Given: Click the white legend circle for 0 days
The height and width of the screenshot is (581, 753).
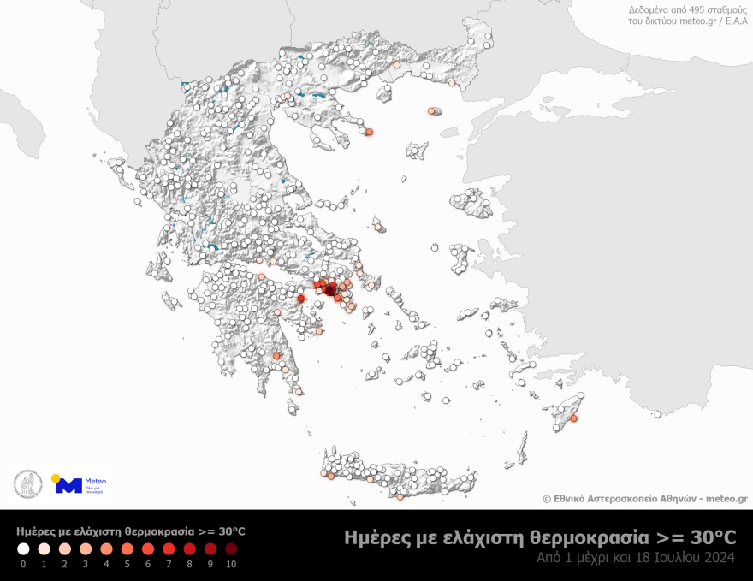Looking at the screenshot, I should pos(23,548).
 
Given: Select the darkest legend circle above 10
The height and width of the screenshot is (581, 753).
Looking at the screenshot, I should pos(231,548).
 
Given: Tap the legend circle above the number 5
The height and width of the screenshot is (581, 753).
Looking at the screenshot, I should pos(127,548).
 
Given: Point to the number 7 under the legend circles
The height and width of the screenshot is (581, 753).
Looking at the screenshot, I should pos(169,564).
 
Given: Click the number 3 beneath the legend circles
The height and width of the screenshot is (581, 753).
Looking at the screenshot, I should pos(86,564).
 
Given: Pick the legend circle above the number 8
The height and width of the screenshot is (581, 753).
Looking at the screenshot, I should pos(190,548).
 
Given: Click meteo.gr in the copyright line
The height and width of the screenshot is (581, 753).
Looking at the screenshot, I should pos(726,498).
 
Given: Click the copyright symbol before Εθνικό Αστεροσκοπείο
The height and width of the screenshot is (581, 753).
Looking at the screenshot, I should pos(547,498).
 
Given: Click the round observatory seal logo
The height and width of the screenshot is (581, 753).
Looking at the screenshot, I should pos(27,484).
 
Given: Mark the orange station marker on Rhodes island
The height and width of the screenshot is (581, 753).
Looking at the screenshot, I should pos(574,418).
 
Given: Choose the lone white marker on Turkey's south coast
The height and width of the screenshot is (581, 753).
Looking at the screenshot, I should pos(657,415).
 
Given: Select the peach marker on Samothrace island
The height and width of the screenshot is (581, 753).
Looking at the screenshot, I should pos(431,111).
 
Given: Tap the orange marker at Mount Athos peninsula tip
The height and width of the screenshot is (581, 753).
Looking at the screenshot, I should pos(370,132).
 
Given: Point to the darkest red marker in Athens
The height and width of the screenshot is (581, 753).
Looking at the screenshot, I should pos(330,291).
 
